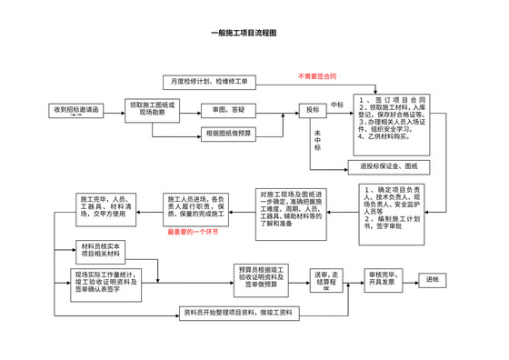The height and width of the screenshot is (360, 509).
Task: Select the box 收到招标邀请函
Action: click(76, 110)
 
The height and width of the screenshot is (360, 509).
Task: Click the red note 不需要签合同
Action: click(318, 75)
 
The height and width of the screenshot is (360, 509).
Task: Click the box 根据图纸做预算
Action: click(229, 134)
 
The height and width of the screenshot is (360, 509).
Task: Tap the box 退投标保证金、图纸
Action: click(389, 166)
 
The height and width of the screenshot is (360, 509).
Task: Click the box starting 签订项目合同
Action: click(390, 119)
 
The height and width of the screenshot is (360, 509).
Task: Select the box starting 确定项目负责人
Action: click(391, 211)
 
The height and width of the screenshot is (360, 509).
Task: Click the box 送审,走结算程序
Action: click(327, 278)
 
